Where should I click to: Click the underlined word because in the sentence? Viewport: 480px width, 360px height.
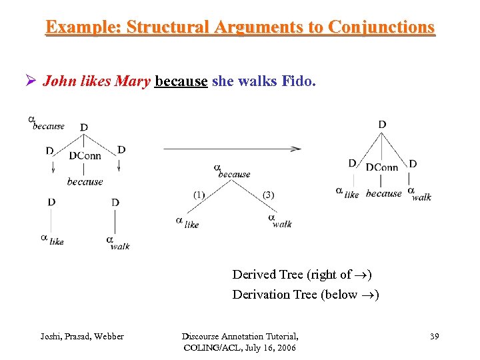coord(181,82)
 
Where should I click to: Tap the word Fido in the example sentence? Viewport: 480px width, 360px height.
coord(299,82)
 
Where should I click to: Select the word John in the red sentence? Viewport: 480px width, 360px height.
coord(57,82)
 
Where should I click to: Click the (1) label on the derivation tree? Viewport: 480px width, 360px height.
coord(199,195)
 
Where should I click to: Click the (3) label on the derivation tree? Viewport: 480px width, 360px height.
coord(268,195)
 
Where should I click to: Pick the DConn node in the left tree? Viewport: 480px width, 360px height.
coord(85,156)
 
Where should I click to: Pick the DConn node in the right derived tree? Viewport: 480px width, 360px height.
coord(382,167)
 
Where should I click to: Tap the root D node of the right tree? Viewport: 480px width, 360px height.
coord(382,124)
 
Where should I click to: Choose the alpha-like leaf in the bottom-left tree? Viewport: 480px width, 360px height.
coord(52,239)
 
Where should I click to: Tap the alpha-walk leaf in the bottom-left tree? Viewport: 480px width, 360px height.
coord(117,242)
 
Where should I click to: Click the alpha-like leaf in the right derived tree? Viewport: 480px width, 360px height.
coord(347,193)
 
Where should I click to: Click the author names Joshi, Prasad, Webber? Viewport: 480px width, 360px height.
coord(82,336)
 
